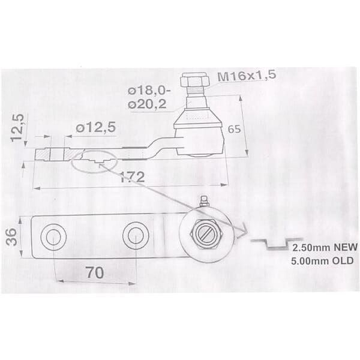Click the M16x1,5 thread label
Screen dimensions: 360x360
(x=247, y=75)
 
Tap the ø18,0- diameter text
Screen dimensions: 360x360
(x=149, y=91)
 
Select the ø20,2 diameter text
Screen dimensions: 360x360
(x=147, y=104)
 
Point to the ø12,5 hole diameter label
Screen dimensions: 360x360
(x=95, y=128)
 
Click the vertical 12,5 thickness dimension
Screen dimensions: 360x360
(x=17, y=128)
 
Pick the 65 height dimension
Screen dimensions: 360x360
(x=234, y=129)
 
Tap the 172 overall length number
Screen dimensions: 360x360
(x=133, y=177)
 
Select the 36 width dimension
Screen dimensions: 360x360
(x=11, y=237)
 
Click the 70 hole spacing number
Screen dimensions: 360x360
(x=95, y=273)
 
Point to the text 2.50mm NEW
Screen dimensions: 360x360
(x=325, y=247)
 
